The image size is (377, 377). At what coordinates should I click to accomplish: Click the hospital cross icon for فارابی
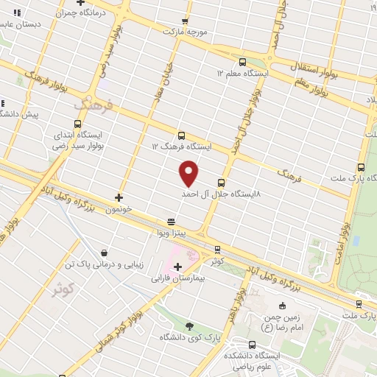pyautogui.click(x=177, y=266)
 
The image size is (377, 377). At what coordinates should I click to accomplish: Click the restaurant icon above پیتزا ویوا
pyautogui.click(x=171, y=220)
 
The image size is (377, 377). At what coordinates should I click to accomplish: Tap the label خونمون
pyautogui.click(x=119, y=209)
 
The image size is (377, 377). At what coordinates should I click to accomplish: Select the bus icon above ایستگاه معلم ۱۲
pyautogui.click(x=243, y=62)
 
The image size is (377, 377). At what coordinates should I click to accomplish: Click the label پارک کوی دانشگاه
pyautogui.click(x=190, y=337)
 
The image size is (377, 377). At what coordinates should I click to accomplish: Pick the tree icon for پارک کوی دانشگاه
pyautogui.click(x=190, y=325)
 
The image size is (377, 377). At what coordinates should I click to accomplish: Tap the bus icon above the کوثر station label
pyautogui.click(x=216, y=249)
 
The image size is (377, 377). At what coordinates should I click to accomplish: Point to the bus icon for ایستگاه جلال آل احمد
pyautogui.click(x=222, y=182)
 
